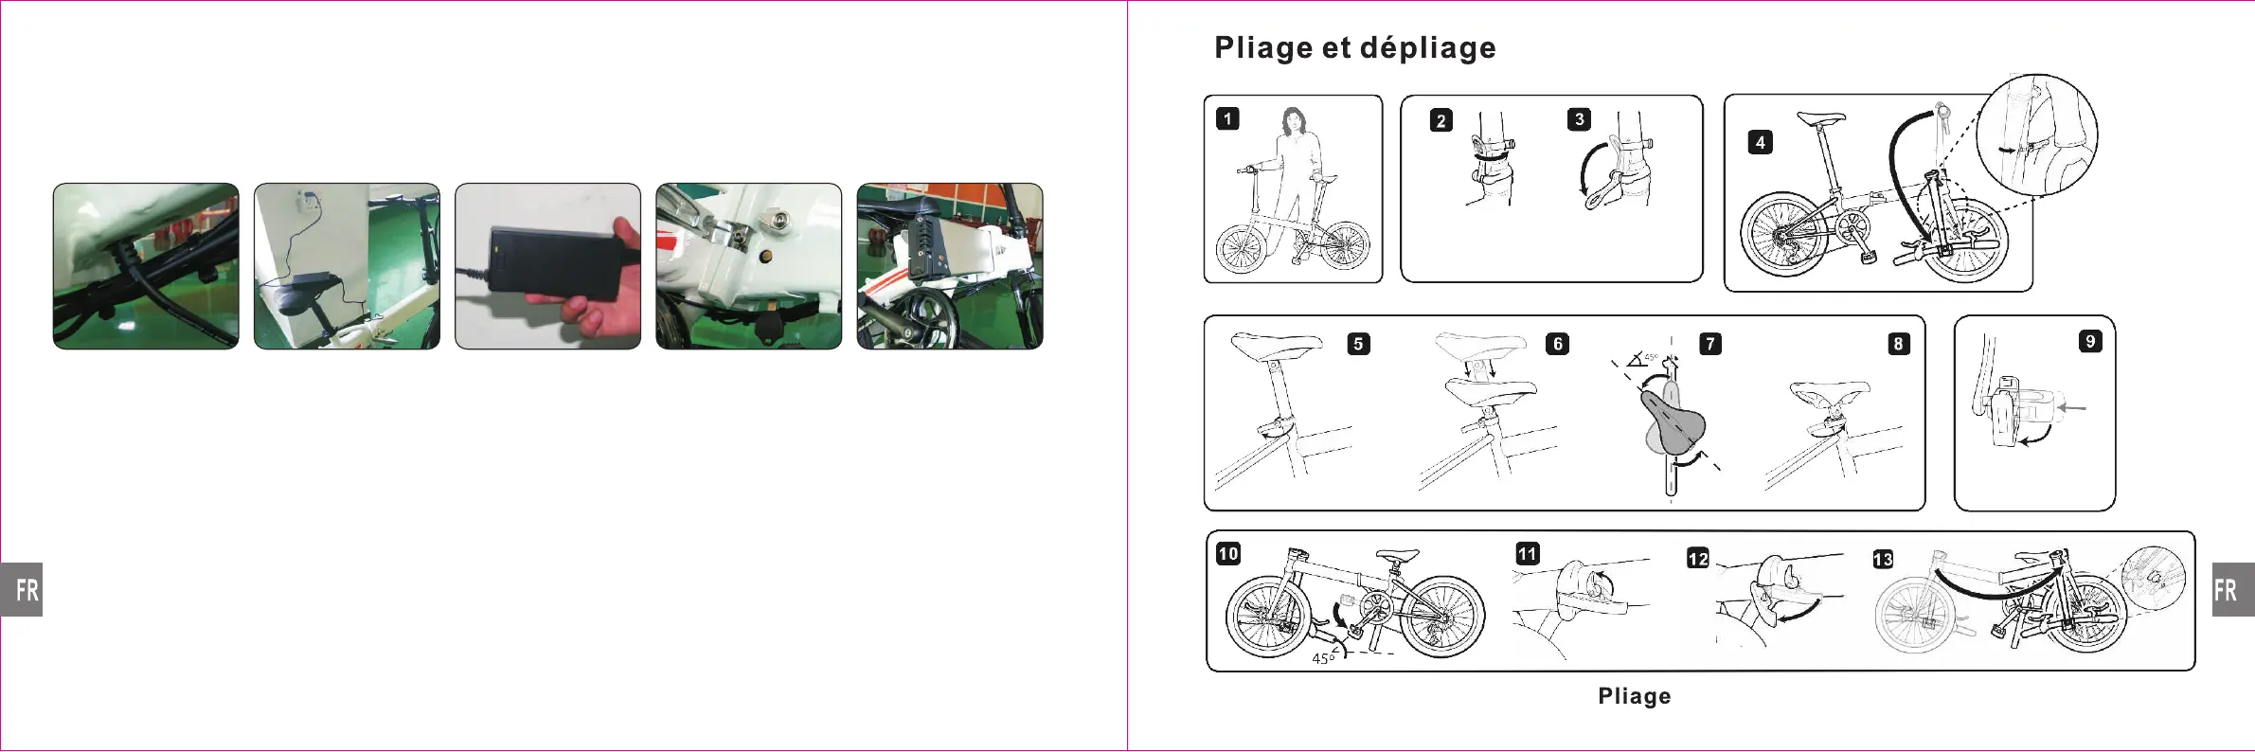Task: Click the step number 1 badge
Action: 1227,118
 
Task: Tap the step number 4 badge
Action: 1760,142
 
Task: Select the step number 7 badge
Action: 1709,344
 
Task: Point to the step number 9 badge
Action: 2089,341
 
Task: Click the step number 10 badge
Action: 1228,554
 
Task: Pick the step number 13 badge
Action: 1883,559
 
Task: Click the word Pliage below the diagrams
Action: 1634,696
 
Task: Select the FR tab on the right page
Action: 2231,589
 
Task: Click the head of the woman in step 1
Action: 1293,120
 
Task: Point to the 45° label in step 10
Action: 1323,658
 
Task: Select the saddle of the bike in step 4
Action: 1820,119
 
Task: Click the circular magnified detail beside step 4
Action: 2036,134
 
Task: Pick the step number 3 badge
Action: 1578,119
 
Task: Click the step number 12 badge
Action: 1697,558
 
